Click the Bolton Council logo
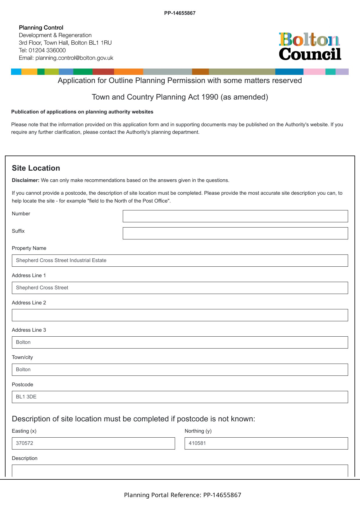tap(310, 46)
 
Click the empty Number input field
tap(235, 216)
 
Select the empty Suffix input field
tap(235, 233)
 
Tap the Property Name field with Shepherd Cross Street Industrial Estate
tap(180, 261)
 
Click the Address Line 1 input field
tap(180, 288)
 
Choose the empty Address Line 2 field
tap(180, 315)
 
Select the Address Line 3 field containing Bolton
tap(180, 342)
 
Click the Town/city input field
tap(180, 370)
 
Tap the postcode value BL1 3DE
tap(26, 397)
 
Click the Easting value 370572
tap(25, 443)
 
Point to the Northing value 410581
tap(197, 443)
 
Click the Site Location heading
tap(36, 168)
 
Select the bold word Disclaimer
tap(26, 180)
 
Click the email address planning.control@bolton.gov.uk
tap(74, 58)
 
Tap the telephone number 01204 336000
tap(47, 50)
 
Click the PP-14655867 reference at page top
tap(180, 13)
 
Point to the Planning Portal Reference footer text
tap(183, 495)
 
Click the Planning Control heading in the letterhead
tap(41, 28)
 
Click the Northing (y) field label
tap(198, 431)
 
